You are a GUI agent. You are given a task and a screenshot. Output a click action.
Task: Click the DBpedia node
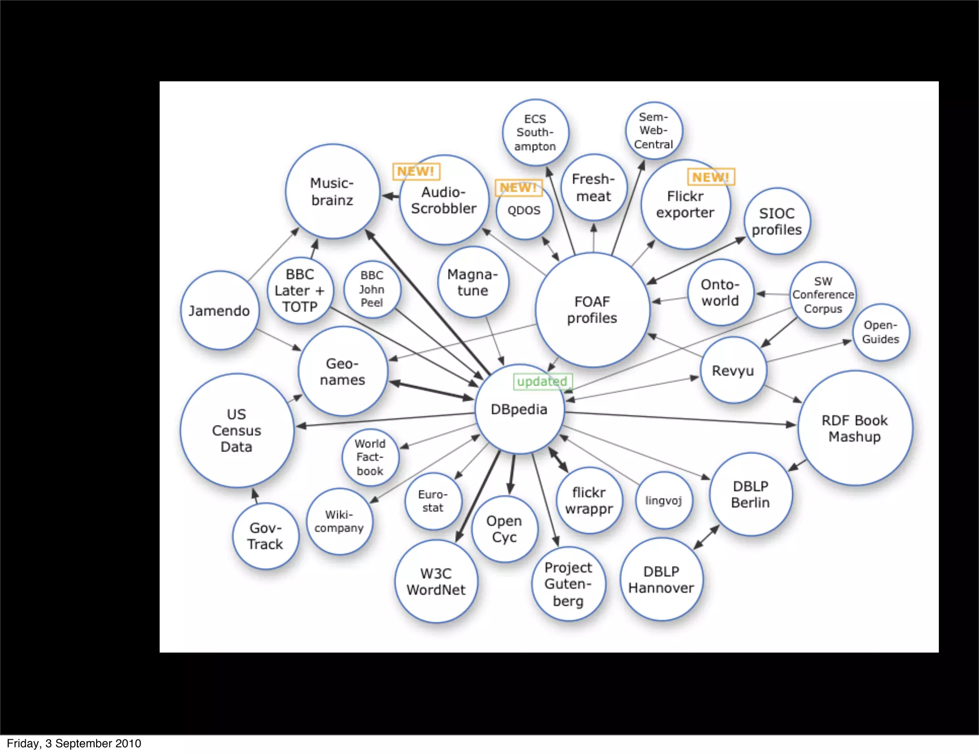coord(519,410)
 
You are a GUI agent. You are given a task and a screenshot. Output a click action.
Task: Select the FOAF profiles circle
coord(592,310)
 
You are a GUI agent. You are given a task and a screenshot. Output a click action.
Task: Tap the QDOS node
coord(524,211)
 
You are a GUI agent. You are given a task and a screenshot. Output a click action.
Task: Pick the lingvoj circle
coord(664,500)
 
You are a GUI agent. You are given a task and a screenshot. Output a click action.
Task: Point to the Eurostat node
coord(433,501)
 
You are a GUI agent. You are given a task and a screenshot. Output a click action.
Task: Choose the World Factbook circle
coord(370,457)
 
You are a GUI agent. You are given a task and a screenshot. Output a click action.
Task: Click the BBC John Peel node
coord(372,289)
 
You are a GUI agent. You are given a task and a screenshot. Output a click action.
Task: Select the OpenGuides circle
coord(881,332)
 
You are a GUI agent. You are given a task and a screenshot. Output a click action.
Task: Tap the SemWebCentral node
coord(653,131)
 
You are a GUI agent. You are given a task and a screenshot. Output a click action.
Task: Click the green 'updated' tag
coord(542,381)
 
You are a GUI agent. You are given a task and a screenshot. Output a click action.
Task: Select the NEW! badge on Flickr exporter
coord(710,177)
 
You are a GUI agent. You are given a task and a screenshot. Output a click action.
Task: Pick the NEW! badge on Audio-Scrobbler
coord(416,171)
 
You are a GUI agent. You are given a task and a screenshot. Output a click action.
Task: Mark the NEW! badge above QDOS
coord(518,188)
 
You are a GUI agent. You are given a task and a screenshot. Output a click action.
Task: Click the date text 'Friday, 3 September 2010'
coord(74,743)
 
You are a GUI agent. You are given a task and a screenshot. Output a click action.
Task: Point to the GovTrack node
coord(265,536)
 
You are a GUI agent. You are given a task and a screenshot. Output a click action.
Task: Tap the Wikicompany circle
coord(339,521)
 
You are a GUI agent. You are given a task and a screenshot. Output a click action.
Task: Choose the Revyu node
coord(733,370)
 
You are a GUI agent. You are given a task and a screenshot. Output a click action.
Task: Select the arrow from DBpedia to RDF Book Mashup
coord(679,418)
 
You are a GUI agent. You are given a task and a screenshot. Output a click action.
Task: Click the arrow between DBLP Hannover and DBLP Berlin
coord(707,537)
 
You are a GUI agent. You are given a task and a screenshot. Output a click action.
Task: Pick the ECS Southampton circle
coord(535,133)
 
